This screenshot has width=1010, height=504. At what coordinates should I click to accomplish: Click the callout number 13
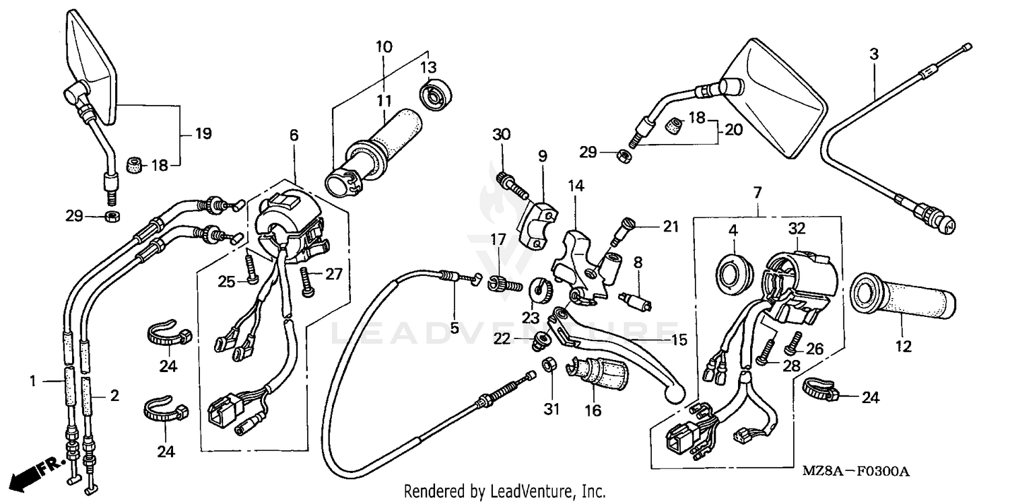click(x=428, y=67)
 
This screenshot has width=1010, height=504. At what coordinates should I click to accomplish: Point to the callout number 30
click(x=502, y=135)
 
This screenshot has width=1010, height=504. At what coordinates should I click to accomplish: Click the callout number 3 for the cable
click(x=873, y=55)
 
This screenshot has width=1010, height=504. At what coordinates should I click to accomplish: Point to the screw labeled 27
click(x=308, y=283)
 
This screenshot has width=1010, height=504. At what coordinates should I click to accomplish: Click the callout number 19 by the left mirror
click(x=203, y=133)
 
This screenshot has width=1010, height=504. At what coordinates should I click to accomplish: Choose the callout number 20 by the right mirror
click(x=733, y=130)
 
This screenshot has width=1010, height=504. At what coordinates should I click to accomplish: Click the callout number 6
click(x=294, y=135)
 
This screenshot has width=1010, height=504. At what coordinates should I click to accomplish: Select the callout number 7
click(x=757, y=193)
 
